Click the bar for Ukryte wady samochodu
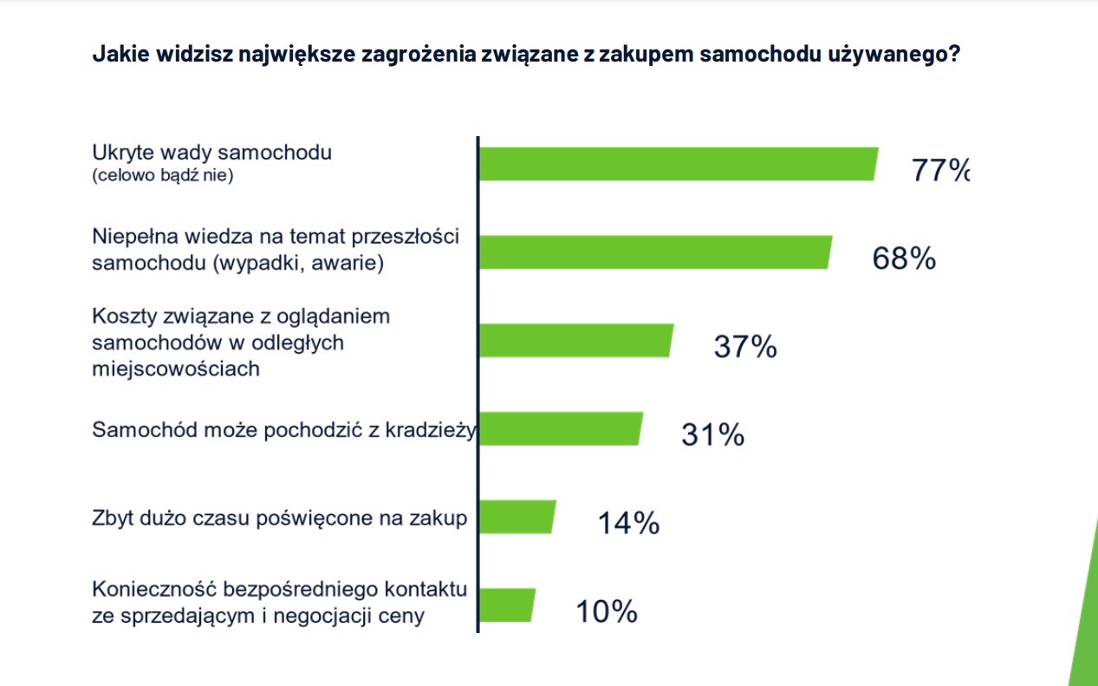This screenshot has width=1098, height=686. [678, 164]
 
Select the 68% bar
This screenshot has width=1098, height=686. [655, 252]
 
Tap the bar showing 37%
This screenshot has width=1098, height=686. [575, 341]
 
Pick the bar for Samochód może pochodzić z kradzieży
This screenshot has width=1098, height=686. [561, 429]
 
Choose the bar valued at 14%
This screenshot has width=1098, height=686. [517, 518]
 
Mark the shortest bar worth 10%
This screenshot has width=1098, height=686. [507, 605]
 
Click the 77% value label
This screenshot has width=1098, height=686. [939, 171]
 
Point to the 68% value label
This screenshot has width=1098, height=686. [904, 258]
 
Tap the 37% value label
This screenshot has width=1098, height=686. [745, 347]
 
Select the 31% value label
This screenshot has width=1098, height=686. [712, 434]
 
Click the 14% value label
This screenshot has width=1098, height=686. [628, 523]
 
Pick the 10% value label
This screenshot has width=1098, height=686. [607, 611]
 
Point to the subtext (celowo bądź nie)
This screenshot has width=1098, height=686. [164, 176]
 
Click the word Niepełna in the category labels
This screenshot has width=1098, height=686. [129, 237]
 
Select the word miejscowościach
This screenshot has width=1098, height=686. [176, 369]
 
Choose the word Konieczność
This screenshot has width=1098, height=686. [154, 591]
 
